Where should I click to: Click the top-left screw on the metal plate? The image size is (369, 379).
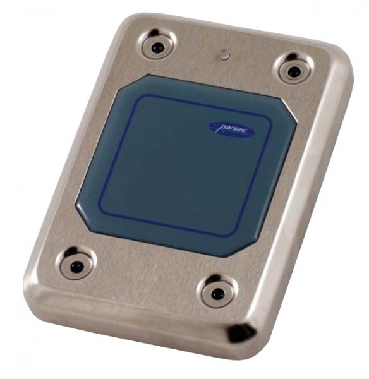point(157,45)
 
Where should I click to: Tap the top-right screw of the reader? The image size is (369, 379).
point(294,70)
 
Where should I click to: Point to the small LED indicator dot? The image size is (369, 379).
point(224,54)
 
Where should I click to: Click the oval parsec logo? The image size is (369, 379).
point(231,130)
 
